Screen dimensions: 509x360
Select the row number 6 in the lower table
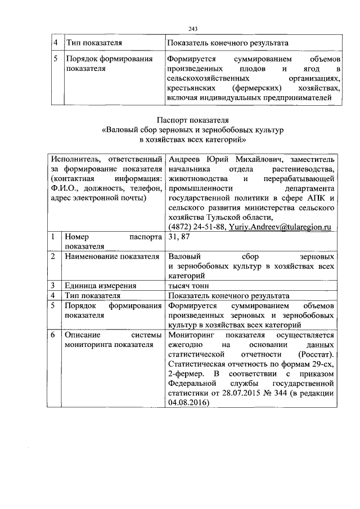pyautogui.click(x=52, y=335)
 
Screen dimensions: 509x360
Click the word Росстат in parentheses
pyautogui.click(x=319, y=354)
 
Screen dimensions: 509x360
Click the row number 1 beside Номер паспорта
pyautogui.click(x=52, y=237)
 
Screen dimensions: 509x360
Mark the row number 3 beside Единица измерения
pyautogui.click(x=52, y=285)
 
